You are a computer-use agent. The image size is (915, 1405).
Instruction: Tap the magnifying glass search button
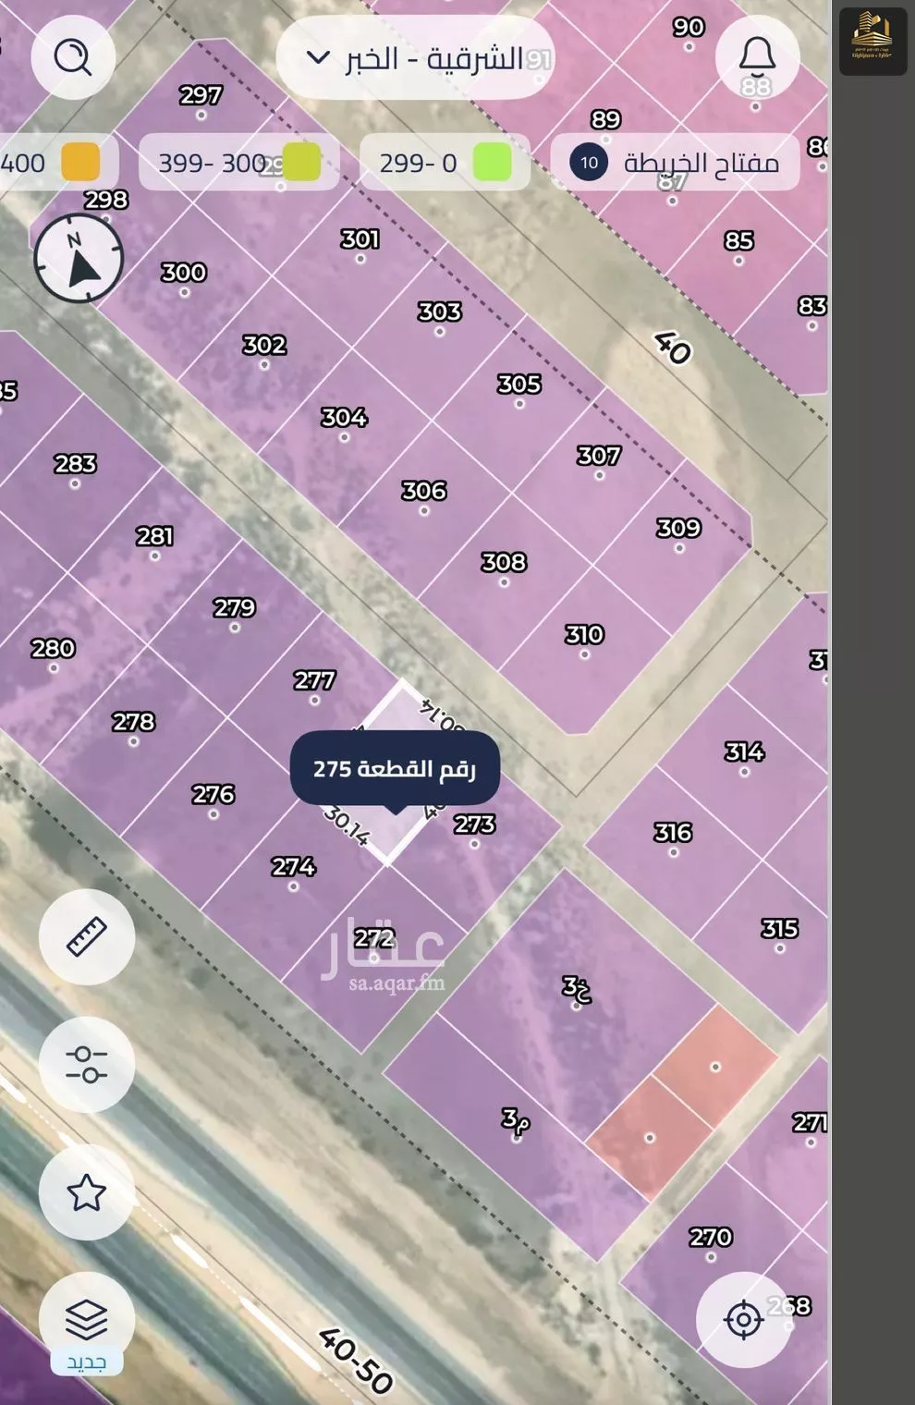(x=73, y=57)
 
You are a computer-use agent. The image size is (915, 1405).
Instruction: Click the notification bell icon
(x=756, y=57)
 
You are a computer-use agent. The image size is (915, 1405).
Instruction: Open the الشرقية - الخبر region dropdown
(x=415, y=59)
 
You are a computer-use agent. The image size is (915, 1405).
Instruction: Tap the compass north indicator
(x=79, y=259)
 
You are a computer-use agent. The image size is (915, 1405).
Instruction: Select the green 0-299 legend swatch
(x=492, y=163)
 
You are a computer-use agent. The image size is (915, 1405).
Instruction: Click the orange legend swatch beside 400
(x=80, y=163)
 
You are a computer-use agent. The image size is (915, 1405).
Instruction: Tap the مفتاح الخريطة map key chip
(x=676, y=163)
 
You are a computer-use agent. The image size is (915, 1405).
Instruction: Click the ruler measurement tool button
(x=87, y=936)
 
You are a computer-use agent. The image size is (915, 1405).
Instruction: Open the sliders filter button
(x=87, y=1064)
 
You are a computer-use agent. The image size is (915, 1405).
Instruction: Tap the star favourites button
(x=87, y=1192)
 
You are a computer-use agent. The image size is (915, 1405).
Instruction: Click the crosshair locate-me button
(x=743, y=1319)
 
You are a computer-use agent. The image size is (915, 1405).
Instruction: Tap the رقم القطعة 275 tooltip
(x=395, y=769)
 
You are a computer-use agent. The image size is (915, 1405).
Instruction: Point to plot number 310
(x=584, y=635)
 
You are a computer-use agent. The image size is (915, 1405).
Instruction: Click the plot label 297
(x=201, y=95)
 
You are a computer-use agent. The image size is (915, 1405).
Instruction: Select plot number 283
(x=76, y=463)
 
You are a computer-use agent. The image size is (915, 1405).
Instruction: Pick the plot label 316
(x=673, y=832)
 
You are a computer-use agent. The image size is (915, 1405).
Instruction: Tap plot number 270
(x=711, y=1237)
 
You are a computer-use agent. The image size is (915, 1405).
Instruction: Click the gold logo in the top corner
(x=872, y=42)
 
